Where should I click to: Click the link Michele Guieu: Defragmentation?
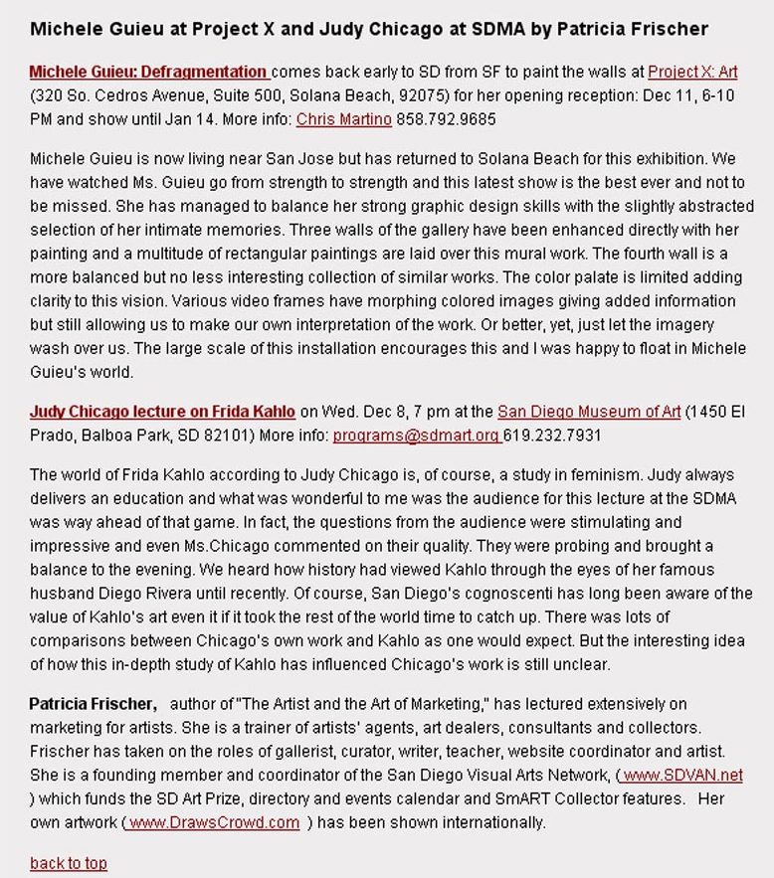point(148,73)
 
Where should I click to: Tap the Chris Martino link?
point(344,119)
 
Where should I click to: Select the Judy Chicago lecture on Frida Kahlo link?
point(162,412)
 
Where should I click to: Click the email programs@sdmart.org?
point(415,436)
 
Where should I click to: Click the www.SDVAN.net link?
point(682,776)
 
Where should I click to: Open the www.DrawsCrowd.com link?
point(214,822)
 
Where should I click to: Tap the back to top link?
point(69,863)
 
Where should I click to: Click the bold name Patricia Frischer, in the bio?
point(94,704)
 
